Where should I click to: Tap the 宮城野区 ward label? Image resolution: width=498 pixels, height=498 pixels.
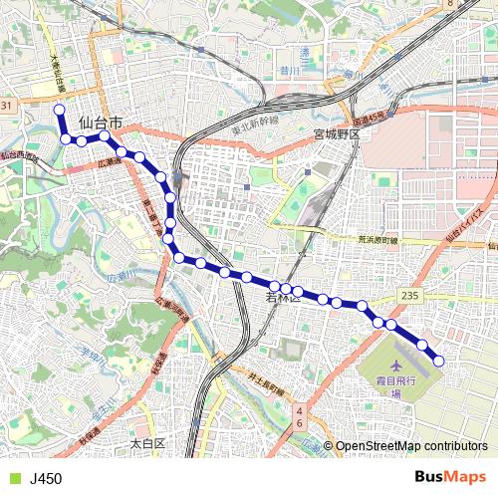[341, 133]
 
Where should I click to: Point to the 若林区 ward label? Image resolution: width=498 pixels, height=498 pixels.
[284, 297]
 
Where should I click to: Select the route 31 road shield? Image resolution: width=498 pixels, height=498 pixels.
[7, 106]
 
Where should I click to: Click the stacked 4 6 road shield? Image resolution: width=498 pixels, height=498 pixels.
[299, 416]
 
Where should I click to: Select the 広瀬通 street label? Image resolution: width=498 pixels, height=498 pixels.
[110, 160]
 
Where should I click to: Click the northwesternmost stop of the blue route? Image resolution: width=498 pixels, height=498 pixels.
[59, 110]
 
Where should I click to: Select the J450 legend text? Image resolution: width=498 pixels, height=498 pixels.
[46, 479]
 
